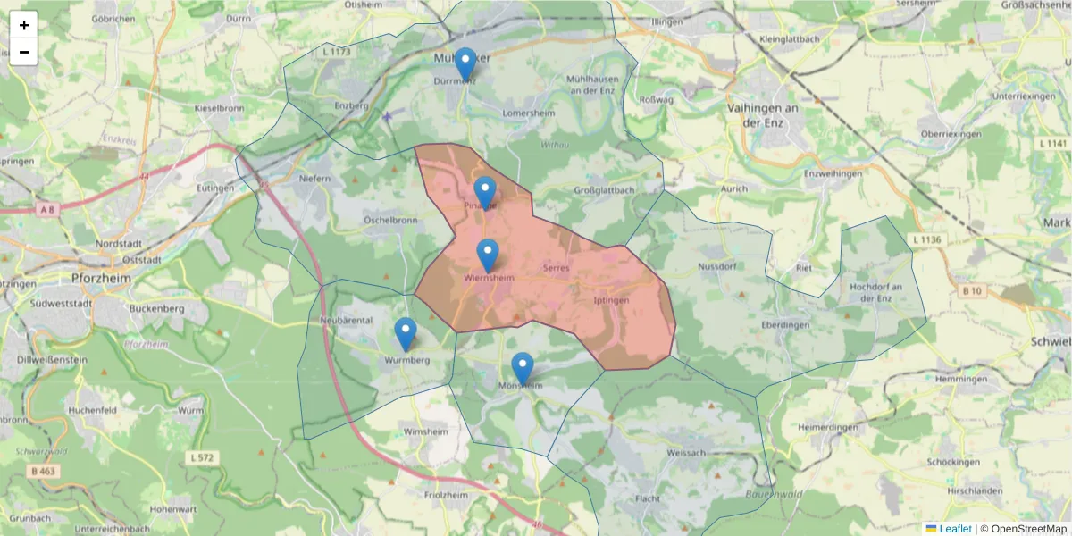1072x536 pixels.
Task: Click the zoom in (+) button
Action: [x=24, y=25]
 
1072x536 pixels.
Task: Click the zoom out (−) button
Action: [x=24, y=52]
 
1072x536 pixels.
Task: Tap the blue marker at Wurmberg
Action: [x=406, y=334]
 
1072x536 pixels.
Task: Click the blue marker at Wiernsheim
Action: [x=488, y=255]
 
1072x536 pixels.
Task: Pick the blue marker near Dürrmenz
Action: [x=465, y=64]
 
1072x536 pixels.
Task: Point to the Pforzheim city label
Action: [x=100, y=278]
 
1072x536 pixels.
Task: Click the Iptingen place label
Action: [x=612, y=301]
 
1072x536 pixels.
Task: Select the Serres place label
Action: [x=556, y=268]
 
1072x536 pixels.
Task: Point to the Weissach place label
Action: [x=686, y=453]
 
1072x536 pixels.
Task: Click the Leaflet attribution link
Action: [x=955, y=529]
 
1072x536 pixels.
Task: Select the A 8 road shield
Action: [x=46, y=210]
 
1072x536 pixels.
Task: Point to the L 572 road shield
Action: [x=204, y=457]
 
